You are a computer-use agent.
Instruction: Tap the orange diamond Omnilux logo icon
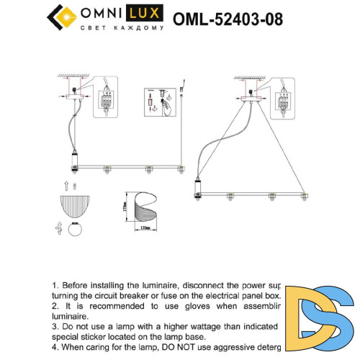[61, 14]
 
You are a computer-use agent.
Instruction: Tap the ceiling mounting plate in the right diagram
[252, 102]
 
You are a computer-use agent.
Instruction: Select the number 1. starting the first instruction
[56, 286]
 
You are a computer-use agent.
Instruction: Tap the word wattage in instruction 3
[199, 326]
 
